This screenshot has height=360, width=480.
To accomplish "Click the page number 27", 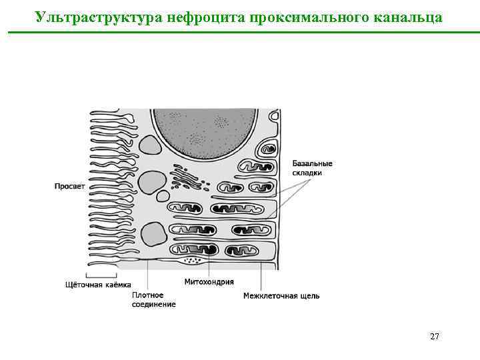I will pyautogui.click(x=434, y=337).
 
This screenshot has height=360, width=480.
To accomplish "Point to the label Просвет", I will pyautogui.click(x=69, y=187).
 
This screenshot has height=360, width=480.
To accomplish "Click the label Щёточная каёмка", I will pyautogui.click(x=98, y=285).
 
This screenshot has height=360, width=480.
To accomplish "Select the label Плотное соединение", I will pyautogui.click(x=153, y=299).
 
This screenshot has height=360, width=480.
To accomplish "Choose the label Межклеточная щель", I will pyautogui.click(x=281, y=295).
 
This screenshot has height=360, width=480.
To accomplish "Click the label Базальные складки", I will pyautogui.click(x=313, y=168).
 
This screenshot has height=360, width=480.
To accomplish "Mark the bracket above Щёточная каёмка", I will pyautogui.click(x=101, y=275).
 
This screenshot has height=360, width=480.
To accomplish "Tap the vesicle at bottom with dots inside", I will pyautogui.click(x=193, y=260).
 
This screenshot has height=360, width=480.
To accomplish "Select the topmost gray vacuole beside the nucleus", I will pyautogui.click(x=150, y=146).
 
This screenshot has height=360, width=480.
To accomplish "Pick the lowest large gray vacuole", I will pyautogui.click(x=154, y=234).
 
